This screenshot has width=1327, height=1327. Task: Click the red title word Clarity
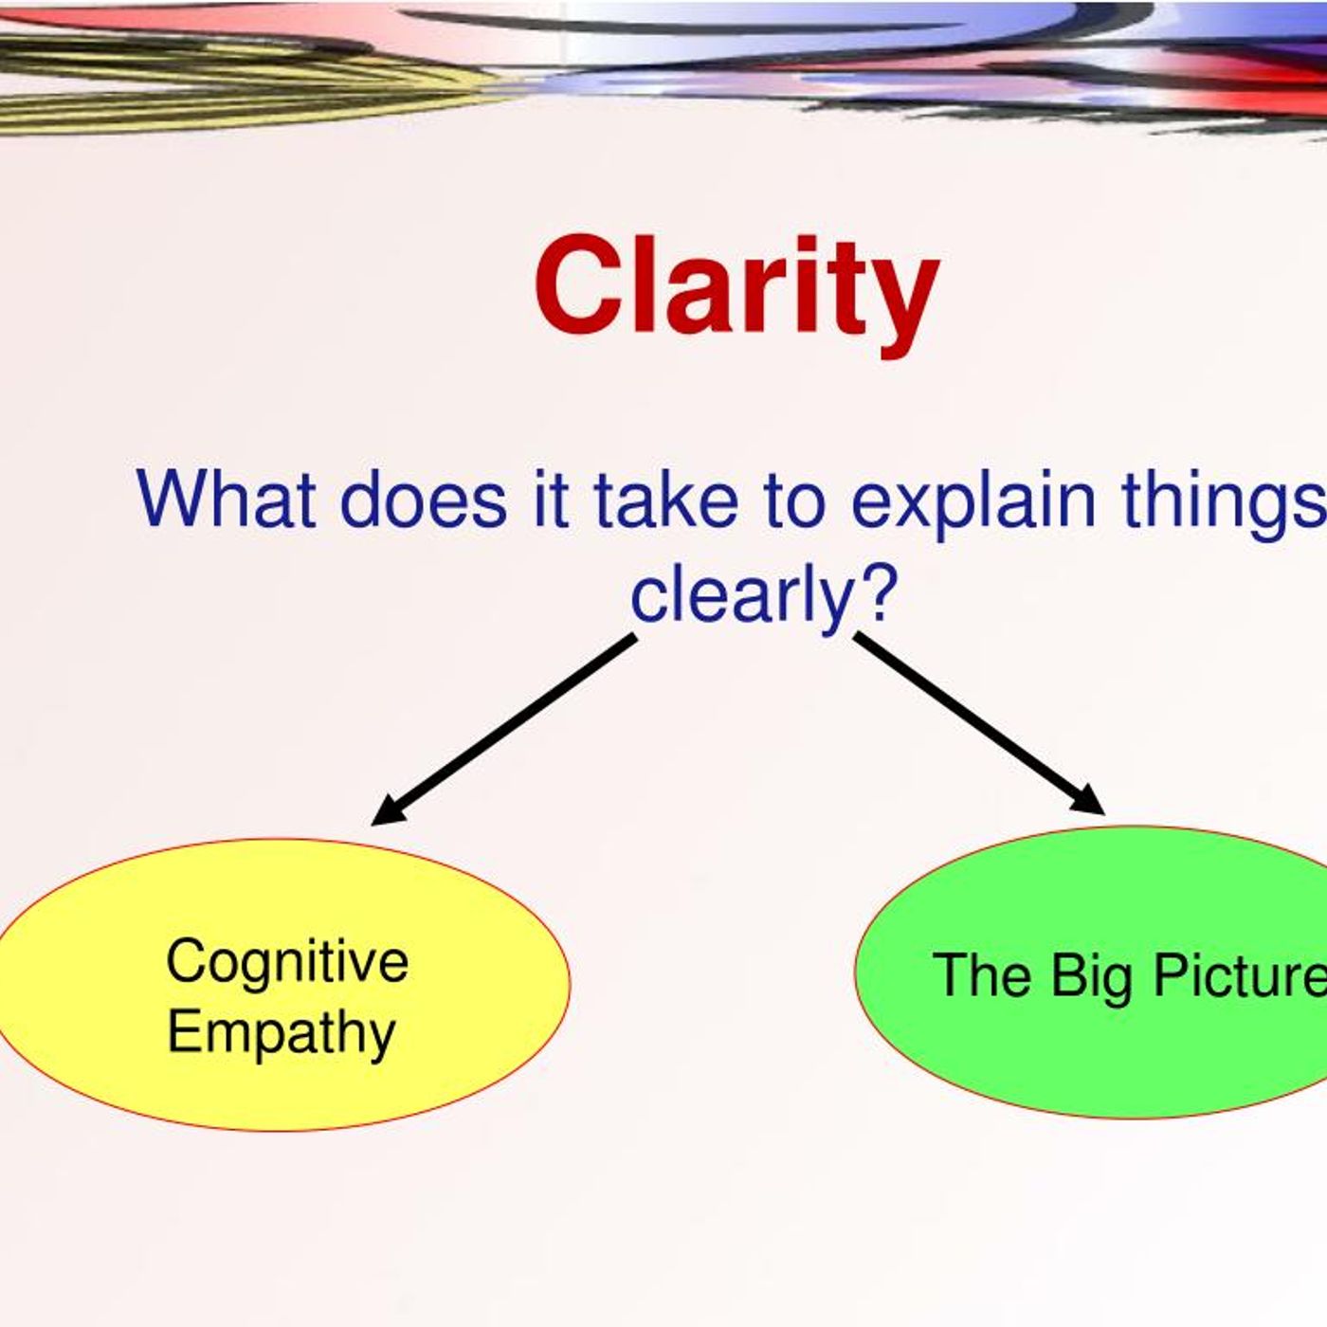pyautogui.click(x=736, y=294)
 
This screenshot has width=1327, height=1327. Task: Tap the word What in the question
pyautogui.click(x=227, y=498)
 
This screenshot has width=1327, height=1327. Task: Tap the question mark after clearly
pyautogui.click(x=877, y=590)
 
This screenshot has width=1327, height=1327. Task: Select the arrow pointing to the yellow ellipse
pyautogui.click(x=503, y=730)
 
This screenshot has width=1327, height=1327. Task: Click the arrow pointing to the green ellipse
pyautogui.click(x=980, y=723)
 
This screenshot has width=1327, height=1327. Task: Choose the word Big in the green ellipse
pyautogui.click(x=1091, y=976)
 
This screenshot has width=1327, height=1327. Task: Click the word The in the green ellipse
pyautogui.click(x=981, y=973)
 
